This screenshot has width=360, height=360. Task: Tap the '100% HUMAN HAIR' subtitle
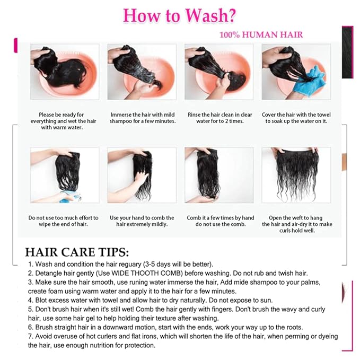click(x=261, y=35)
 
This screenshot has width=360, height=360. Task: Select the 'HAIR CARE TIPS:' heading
click(x=77, y=252)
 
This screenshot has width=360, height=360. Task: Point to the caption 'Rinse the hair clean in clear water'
click(x=219, y=118)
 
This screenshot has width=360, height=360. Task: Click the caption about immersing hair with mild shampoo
click(x=143, y=118)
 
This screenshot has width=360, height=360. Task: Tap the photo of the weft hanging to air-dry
click(x=296, y=175)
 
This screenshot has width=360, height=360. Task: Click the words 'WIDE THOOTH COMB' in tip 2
click(x=147, y=273)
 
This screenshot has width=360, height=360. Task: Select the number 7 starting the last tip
click(x=30, y=336)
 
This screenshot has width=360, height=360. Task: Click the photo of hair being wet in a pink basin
click(x=65, y=72)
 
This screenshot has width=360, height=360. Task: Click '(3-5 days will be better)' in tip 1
click(x=178, y=264)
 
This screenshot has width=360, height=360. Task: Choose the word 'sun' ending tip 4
click(x=267, y=300)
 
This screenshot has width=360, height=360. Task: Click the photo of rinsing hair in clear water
click(x=219, y=72)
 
